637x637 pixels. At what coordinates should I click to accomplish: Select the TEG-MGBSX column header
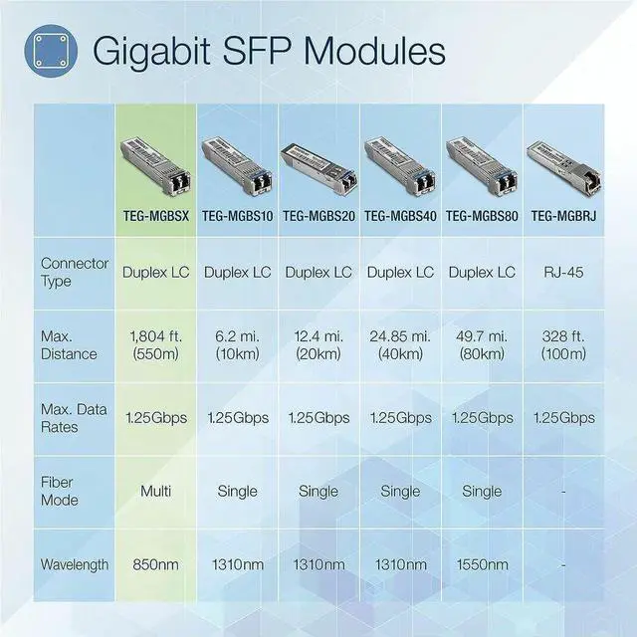[x=156, y=215]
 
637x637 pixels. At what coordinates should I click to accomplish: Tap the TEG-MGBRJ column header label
[x=563, y=215]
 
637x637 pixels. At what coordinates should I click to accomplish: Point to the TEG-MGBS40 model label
[x=400, y=215]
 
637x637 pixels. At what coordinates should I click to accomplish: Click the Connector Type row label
[x=69, y=273]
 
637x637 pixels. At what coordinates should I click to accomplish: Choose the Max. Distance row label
[x=69, y=345]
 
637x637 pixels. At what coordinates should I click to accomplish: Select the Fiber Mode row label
[x=59, y=491]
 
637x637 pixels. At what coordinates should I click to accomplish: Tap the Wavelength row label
[x=75, y=564]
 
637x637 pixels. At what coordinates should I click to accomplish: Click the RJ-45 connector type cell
[x=563, y=272]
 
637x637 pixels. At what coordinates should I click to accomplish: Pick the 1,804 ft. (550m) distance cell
[x=155, y=345]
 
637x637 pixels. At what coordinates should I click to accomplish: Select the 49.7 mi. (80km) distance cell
[x=482, y=345]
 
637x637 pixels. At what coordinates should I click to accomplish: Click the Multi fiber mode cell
[x=155, y=491]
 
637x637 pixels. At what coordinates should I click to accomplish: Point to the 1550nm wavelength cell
[x=482, y=564]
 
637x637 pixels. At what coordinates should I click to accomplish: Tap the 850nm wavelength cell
[x=155, y=564]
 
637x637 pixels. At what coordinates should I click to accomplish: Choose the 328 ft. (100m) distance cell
[x=563, y=345]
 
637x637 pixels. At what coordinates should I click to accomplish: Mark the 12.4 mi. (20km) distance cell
[x=318, y=345]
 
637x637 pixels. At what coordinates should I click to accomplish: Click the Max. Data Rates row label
[x=75, y=418]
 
